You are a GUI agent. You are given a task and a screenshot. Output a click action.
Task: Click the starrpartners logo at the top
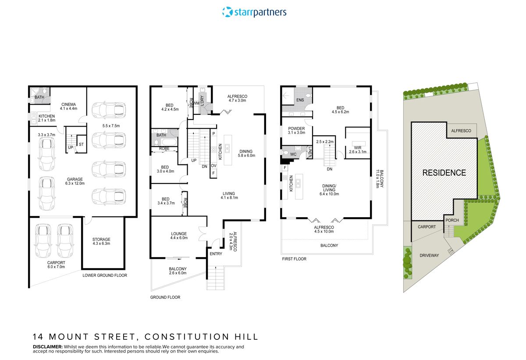pyautogui.click(x=254, y=12)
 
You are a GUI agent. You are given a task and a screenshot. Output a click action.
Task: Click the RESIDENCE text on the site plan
pyautogui.click(x=444, y=173)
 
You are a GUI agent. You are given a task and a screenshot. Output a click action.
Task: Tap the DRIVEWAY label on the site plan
pyautogui.click(x=429, y=255)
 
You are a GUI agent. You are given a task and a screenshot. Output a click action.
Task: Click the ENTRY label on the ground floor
pyautogui.click(x=216, y=254)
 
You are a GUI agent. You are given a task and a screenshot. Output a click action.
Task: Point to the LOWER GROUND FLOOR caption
pyautogui.click(x=105, y=275)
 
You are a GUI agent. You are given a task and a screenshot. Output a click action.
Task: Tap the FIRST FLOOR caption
pyautogui.click(x=294, y=259)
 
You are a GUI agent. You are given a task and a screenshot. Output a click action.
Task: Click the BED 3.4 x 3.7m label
pyautogui.click(x=166, y=201)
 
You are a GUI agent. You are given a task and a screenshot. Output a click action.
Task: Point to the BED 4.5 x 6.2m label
pyautogui.click(x=340, y=109)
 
